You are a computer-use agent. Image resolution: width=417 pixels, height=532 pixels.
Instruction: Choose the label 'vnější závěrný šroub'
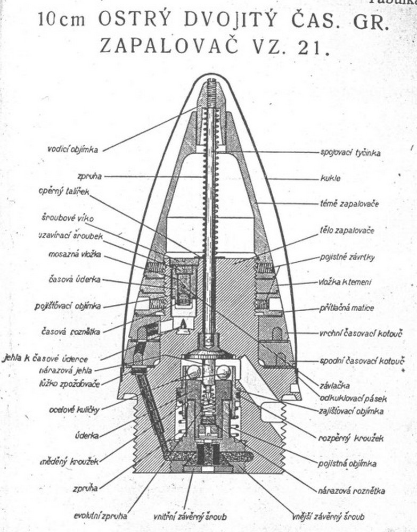click(x=328, y=516)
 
